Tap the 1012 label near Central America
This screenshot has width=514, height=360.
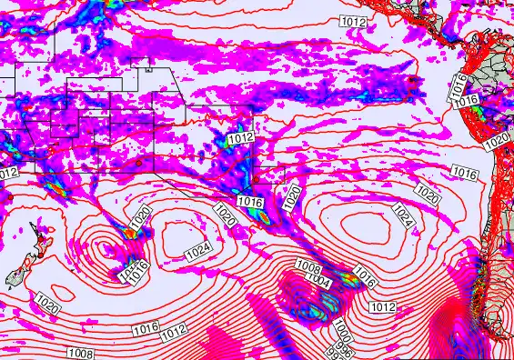point(354,21)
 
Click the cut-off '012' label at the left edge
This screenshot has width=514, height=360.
point(8,173)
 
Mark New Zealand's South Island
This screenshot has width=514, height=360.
point(18,275)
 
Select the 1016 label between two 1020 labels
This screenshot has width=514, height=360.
point(249,202)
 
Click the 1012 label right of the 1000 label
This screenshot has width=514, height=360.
point(382,307)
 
